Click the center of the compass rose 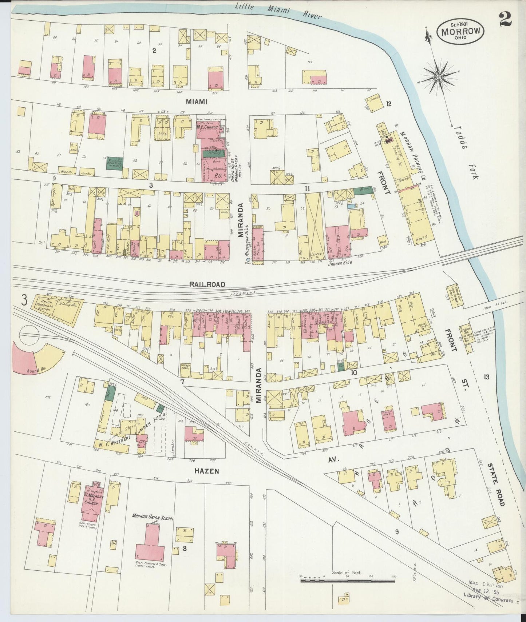pos(439,77)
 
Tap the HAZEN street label pos(206,471)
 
